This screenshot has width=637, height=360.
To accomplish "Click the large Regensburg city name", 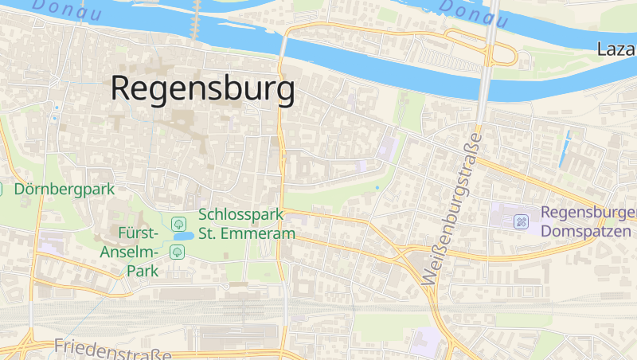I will [x=203, y=88].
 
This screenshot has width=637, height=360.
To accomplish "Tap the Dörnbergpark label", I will [x=64, y=190].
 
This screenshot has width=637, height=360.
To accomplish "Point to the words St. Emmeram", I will [x=247, y=233].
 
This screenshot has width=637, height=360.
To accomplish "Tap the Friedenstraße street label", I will [x=112, y=347].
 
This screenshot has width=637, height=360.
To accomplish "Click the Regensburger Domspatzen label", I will [x=588, y=221].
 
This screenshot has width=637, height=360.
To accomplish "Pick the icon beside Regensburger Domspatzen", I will [x=522, y=221].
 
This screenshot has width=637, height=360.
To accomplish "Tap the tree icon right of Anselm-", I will [x=178, y=252].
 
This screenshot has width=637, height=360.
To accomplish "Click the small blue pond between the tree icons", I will [x=182, y=237].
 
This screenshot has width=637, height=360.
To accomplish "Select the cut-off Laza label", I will [x=616, y=49].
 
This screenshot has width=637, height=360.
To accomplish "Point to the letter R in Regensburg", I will [x=122, y=88].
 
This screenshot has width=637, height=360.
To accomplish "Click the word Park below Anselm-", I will [x=141, y=270].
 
